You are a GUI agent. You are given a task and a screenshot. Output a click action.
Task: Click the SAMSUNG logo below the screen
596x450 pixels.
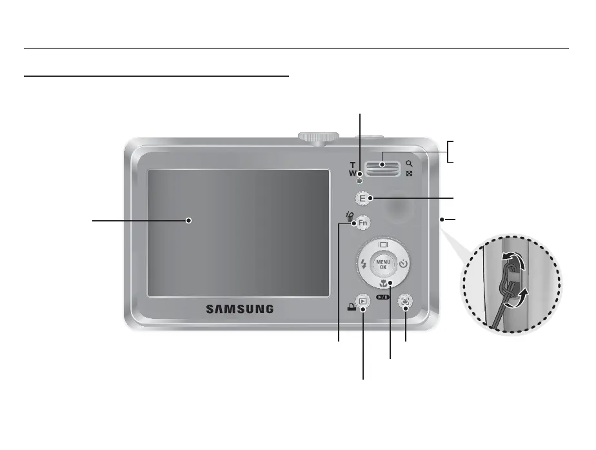tap(239, 309)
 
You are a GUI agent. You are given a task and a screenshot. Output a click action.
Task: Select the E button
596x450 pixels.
tap(363, 198)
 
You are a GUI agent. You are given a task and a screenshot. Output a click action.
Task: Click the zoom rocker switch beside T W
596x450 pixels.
tap(382, 167)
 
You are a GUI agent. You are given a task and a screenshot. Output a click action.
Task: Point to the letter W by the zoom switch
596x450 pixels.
tap(353, 173)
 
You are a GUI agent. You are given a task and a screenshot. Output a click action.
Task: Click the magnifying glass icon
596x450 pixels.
tap(410, 163)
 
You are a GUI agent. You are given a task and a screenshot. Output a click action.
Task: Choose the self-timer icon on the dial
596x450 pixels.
tap(403, 263)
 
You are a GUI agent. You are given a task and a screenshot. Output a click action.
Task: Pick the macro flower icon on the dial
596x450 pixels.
tap(383, 283)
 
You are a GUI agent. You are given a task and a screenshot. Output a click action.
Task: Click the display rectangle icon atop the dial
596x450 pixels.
tap(383, 245)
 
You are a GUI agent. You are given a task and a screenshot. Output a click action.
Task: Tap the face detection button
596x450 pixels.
tap(405, 301)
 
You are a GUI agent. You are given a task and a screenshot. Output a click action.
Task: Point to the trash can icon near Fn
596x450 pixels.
tap(350, 218)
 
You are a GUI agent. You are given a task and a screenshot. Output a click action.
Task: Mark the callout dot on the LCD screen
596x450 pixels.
tap(189, 220)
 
